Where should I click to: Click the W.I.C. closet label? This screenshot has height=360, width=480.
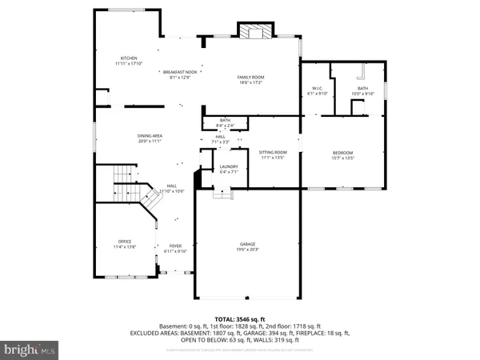tap(317, 89)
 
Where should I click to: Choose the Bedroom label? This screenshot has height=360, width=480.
tap(342, 152)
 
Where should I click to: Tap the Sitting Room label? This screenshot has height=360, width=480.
tap(273, 152)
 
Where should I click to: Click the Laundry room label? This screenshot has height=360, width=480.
tap(229, 167)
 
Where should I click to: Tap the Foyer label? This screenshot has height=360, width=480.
tap(175, 246)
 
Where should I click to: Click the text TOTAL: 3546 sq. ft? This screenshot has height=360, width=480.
tap(240, 319)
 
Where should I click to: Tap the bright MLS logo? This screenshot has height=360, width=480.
tap(30, 350)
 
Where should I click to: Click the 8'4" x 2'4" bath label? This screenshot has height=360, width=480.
tap(226, 124)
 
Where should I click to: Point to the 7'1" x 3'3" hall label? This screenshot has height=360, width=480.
tap(219, 140)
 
